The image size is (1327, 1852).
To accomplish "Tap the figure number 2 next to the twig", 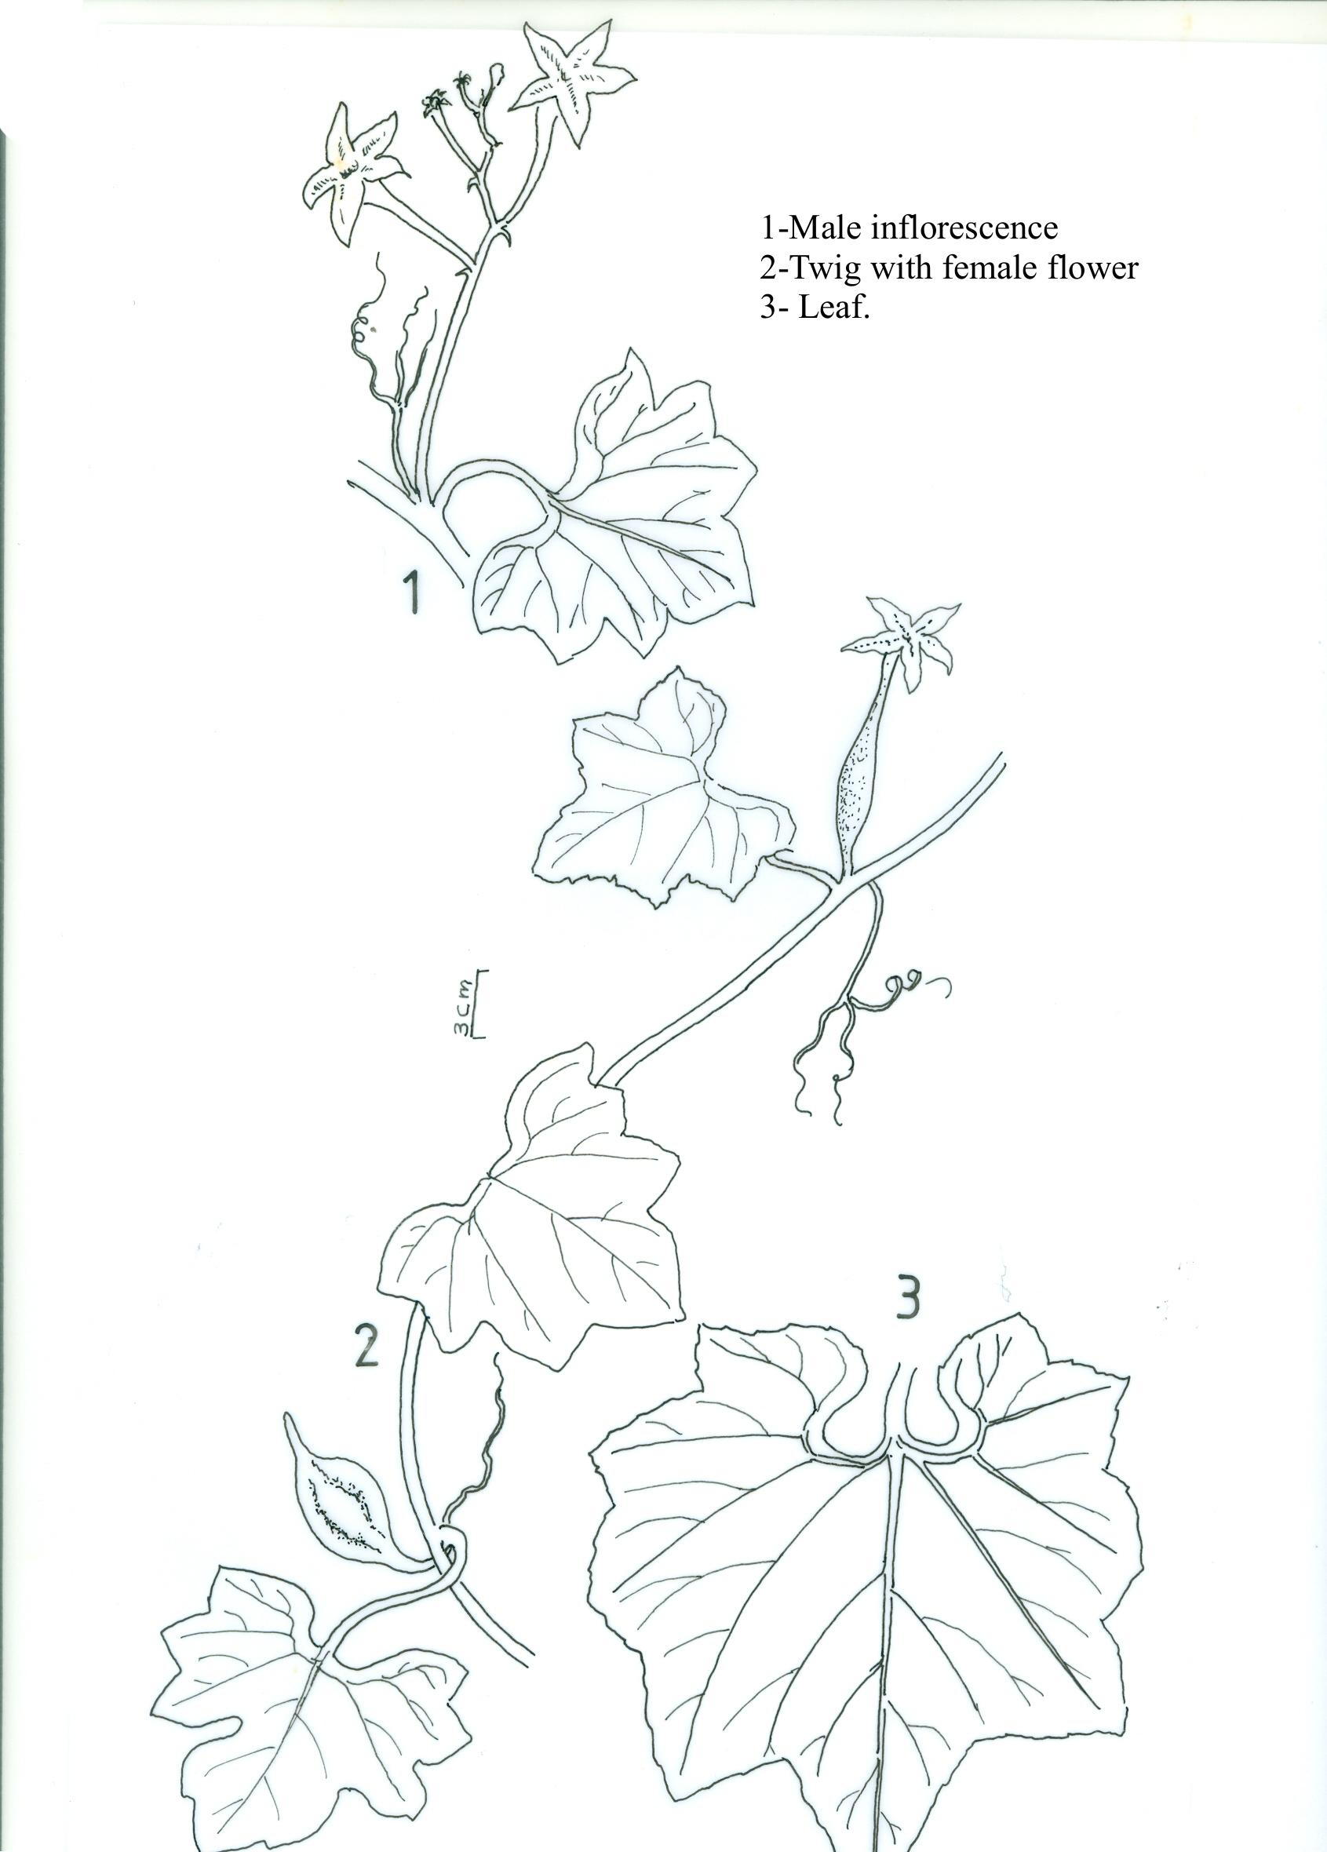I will point(365,1346).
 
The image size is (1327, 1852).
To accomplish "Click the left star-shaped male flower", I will point(349,174).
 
